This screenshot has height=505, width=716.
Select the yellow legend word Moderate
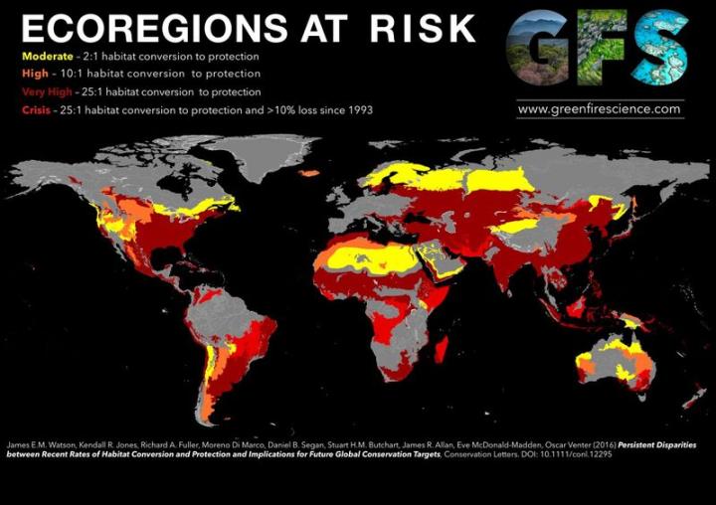(x=46, y=56)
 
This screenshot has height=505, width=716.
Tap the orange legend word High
(x=33, y=74)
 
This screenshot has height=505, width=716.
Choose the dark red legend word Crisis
(x=36, y=109)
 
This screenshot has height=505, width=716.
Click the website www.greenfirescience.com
(x=600, y=108)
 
